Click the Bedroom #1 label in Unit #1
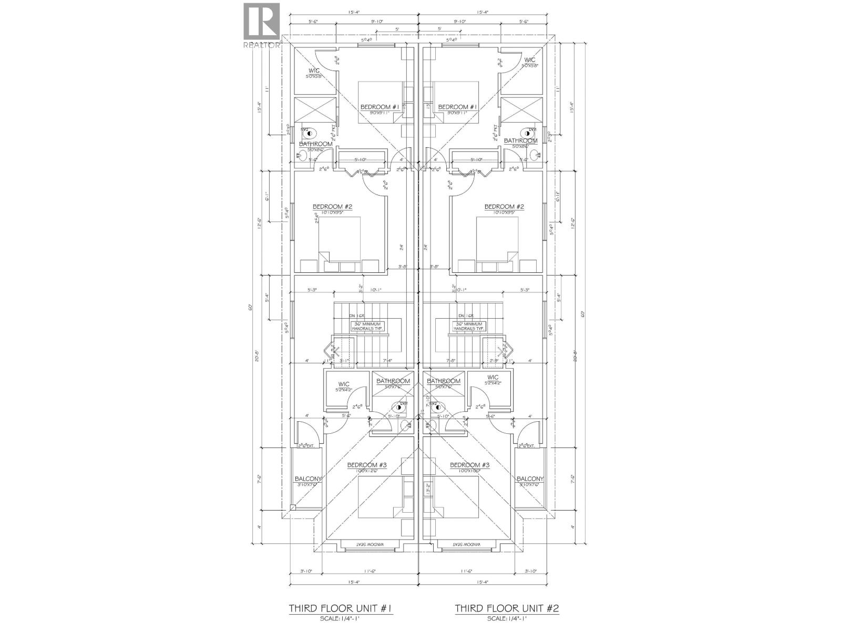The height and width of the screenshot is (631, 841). pyautogui.click(x=380, y=107)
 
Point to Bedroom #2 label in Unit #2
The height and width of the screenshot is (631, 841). pyautogui.click(x=504, y=207)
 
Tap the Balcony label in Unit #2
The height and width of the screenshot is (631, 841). pyautogui.click(x=530, y=479)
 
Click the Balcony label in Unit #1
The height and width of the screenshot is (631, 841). pyautogui.click(x=308, y=479)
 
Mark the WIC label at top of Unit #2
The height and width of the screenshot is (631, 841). pyautogui.click(x=529, y=60)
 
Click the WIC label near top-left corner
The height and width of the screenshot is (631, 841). pyautogui.click(x=314, y=70)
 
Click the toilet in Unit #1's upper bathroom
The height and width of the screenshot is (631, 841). pyautogui.click(x=305, y=131)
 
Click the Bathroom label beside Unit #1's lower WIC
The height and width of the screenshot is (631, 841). pyautogui.click(x=393, y=381)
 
